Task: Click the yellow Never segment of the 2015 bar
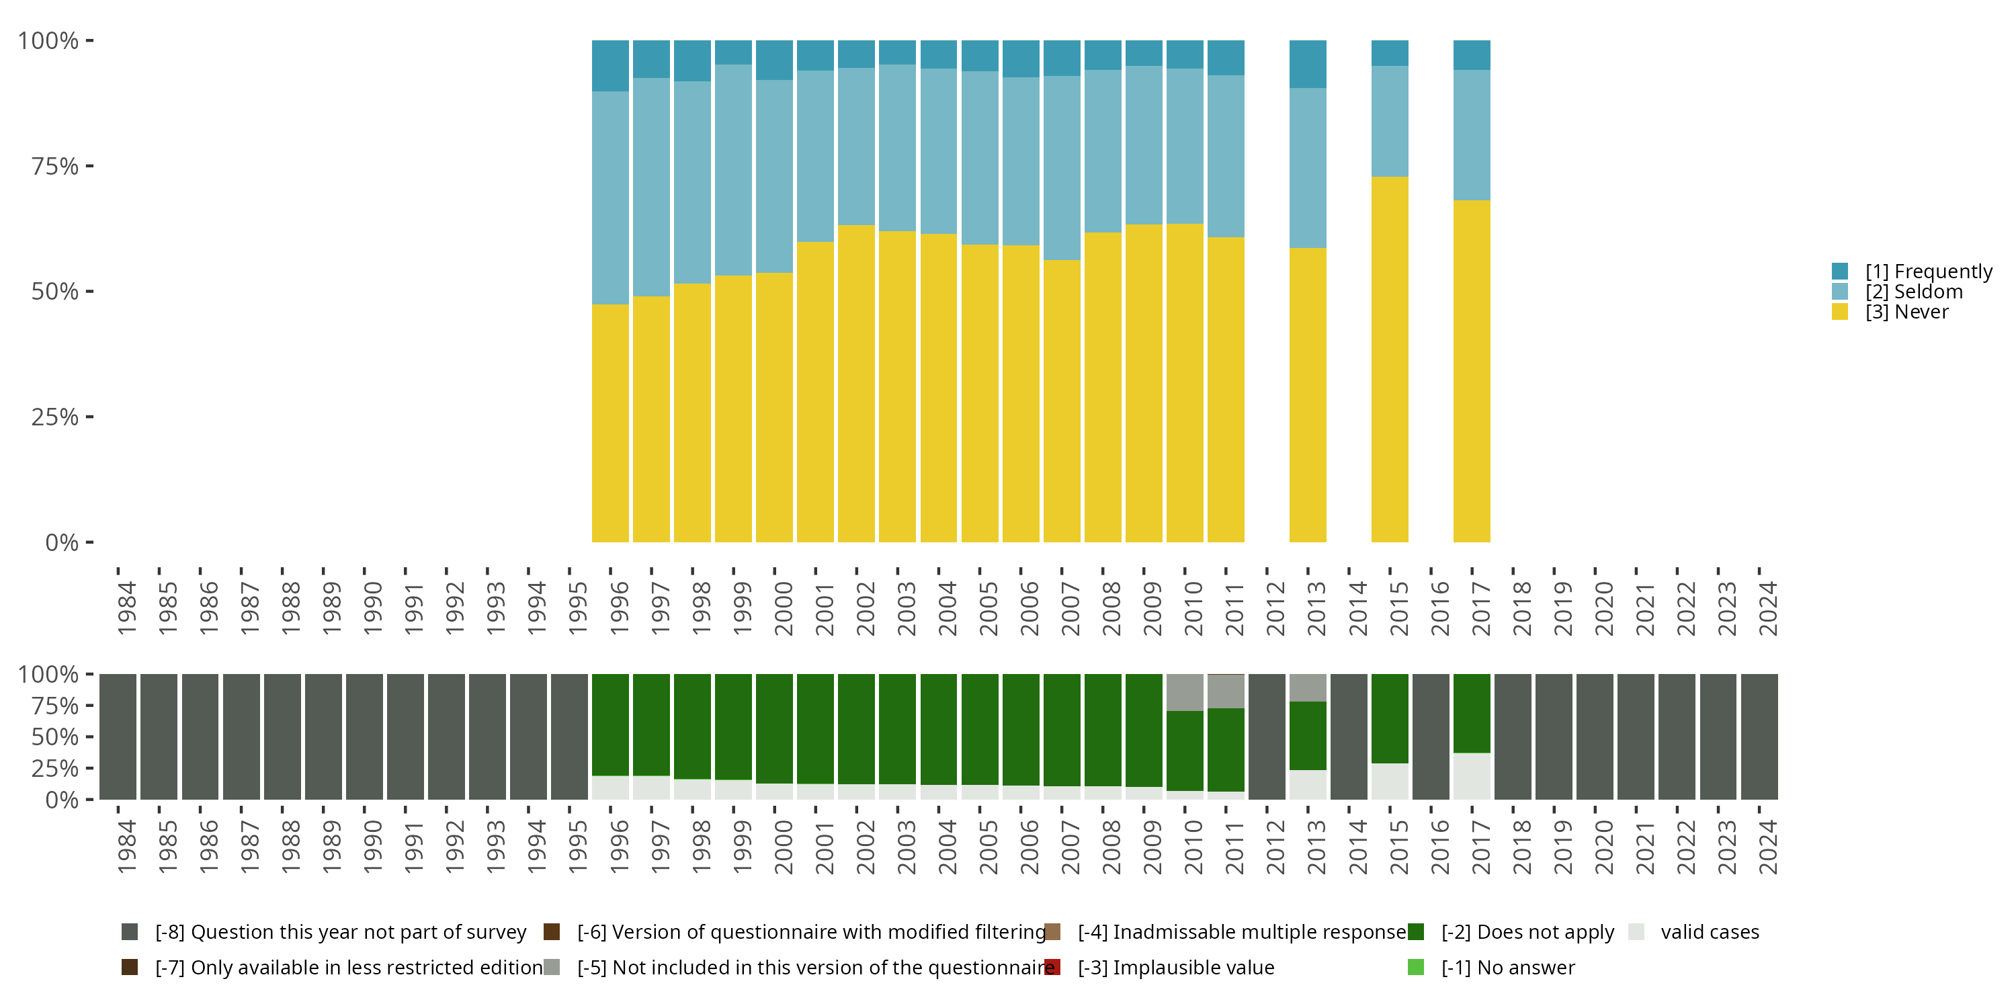coord(1389,360)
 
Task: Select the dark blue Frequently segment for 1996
coord(610,66)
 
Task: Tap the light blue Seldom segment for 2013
coord(1307,167)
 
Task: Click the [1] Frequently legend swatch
coord(1840,271)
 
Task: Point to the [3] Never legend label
coord(1906,312)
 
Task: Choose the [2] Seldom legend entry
coord(1913,292)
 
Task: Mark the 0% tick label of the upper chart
coord(61,542)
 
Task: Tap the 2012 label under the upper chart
coord(1275,609)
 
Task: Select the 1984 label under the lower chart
coord(126,847)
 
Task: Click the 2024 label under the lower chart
coord(1767,847)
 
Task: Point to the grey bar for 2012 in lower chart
coord(1266,737)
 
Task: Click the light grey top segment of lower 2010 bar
coord(1184,693)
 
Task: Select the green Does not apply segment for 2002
coord(856,728)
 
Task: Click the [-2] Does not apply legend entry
coord(1527,932)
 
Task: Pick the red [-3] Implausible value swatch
coord(1052,967)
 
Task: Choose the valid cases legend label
coord(1709,932)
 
